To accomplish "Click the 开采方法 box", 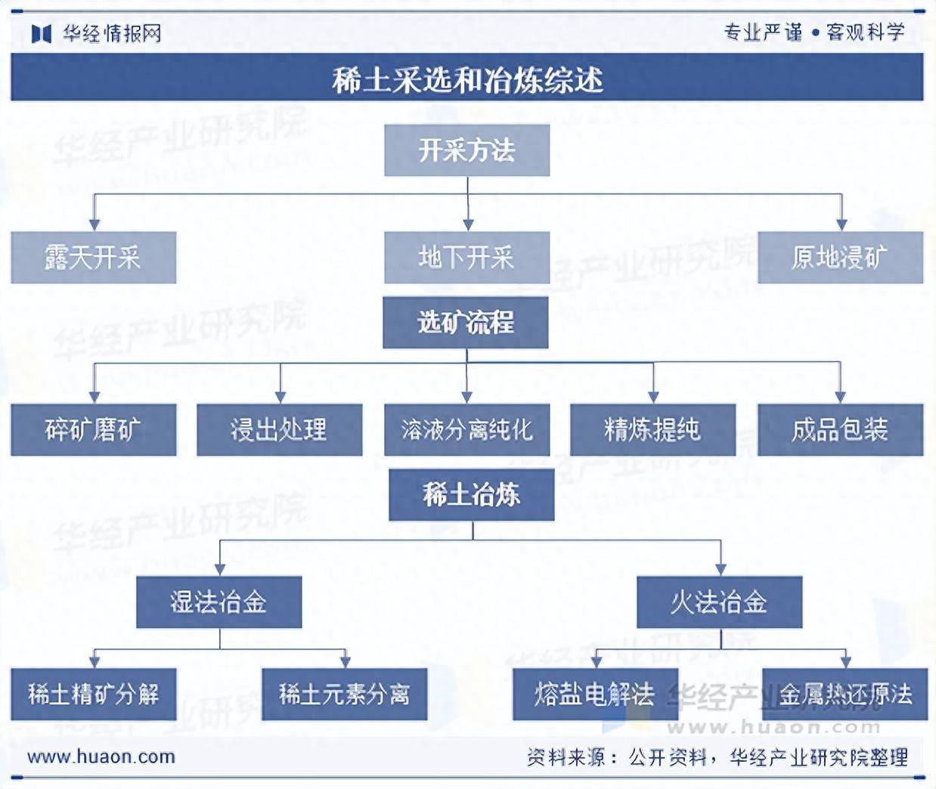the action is (466, 150).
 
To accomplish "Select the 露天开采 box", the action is (93, 257).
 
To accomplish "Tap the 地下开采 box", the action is (466, 257).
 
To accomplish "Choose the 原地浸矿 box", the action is (841, 257).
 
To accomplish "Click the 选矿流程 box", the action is (465, 322).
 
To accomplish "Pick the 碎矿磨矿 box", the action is (93, 430).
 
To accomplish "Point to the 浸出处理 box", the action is (279, 430).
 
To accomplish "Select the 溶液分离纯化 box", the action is (466, 430).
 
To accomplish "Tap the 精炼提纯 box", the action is (652, 430).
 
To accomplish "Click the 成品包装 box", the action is (841, 430).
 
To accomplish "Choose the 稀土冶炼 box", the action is (471, 495).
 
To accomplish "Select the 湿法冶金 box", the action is (219, 602).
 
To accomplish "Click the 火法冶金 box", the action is (720, 602).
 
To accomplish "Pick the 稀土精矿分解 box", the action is (93, 694).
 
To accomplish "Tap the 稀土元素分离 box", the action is (344, 694).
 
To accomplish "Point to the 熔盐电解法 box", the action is (595, 694).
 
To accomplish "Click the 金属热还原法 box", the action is (845, 694).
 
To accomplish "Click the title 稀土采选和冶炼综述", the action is (467, 81).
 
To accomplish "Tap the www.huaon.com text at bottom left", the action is (101, 757).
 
